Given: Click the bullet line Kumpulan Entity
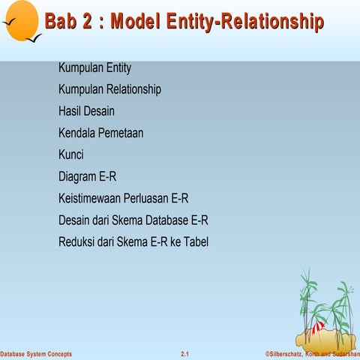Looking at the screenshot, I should click(94, 68).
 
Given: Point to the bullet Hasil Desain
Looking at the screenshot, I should click(86, 112).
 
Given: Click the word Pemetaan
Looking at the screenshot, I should click(119, 133).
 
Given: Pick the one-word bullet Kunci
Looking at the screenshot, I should click(70, 155).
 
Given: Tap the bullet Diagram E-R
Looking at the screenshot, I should click(87, 177).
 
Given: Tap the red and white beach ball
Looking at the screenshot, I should click(318, 327).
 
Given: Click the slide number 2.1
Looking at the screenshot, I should click(184, 353).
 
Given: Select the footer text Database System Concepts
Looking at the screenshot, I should click(36, 353).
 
